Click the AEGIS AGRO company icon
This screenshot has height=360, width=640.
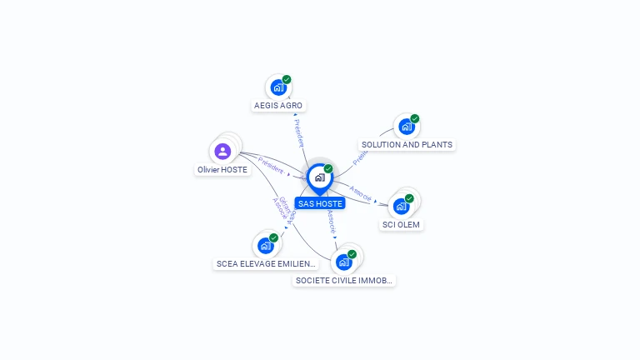[x=278, y=87]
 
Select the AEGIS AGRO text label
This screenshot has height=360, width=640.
[x=278, y=106]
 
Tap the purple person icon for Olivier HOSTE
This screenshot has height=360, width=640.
[x=222, y=152]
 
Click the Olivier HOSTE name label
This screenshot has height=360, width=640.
[x=222, y=169]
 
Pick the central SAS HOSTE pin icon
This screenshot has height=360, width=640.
[x=319, y=177]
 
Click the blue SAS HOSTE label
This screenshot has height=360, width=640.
[x=319, y=203]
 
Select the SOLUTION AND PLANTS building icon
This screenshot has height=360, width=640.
[x=406, y=127]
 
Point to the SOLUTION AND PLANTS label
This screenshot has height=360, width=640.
[x=407, y=144]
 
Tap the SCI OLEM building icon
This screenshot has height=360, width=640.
[x=401, y=206]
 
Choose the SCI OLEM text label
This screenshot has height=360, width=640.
[x=402, y=224]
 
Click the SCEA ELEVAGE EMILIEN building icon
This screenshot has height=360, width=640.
[x=265, y=246]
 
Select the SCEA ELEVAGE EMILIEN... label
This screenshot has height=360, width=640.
[x=266, y=263]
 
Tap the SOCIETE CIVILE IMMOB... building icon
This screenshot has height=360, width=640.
[x=343, y=262]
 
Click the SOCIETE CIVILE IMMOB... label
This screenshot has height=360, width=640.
[x=344, y=280]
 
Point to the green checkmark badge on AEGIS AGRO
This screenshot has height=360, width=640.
[x=287, y=79]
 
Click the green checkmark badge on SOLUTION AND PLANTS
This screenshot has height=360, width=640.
[x=414, y=119]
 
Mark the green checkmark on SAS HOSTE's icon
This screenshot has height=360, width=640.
[x=328, y=168]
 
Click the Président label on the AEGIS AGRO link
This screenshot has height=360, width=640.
[x=299, y=132]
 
